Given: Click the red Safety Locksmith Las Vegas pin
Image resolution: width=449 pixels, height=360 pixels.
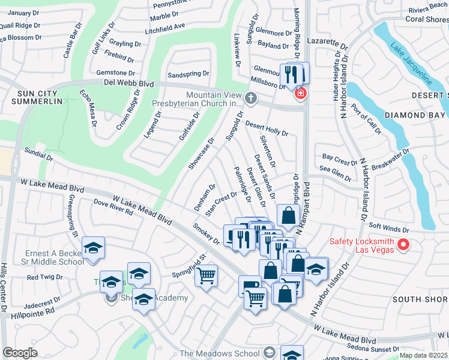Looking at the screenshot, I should [x=403, y=244].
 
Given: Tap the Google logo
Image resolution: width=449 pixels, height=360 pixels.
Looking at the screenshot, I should [x=20, y=353].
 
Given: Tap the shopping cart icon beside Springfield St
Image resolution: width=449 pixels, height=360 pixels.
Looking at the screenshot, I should [x=206, y=276].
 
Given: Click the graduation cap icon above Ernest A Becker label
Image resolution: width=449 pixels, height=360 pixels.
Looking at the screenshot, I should [x=94, y=247].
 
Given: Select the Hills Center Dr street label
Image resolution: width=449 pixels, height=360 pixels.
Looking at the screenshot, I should [x=4, y=288].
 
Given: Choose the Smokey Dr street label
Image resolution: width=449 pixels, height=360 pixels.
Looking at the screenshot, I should [x=206, y=234].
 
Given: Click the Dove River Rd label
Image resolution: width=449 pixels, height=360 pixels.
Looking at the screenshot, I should [x=113, y=208].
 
